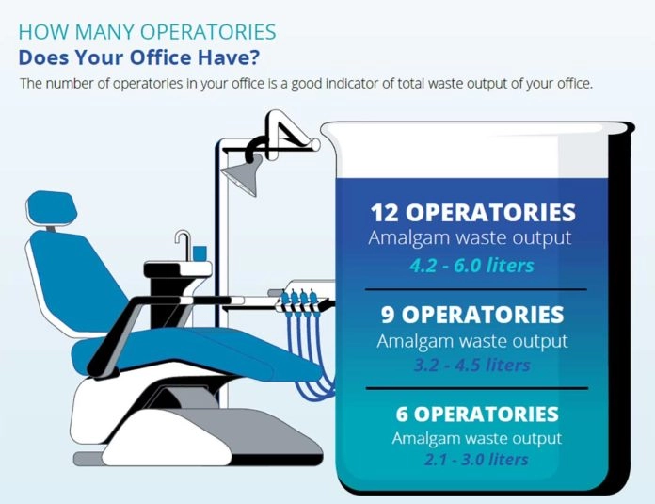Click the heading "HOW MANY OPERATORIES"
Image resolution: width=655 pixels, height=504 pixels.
147,32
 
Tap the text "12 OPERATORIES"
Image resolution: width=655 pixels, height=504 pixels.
471,212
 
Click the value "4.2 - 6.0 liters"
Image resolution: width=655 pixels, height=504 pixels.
471,265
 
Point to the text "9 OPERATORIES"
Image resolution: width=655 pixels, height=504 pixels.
471,315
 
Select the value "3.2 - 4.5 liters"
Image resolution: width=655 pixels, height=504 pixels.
471,365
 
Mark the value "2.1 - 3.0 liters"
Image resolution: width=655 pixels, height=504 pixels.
475,460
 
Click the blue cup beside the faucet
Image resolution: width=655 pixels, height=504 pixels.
200,252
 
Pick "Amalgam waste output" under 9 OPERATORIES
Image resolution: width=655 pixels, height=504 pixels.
471,341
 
